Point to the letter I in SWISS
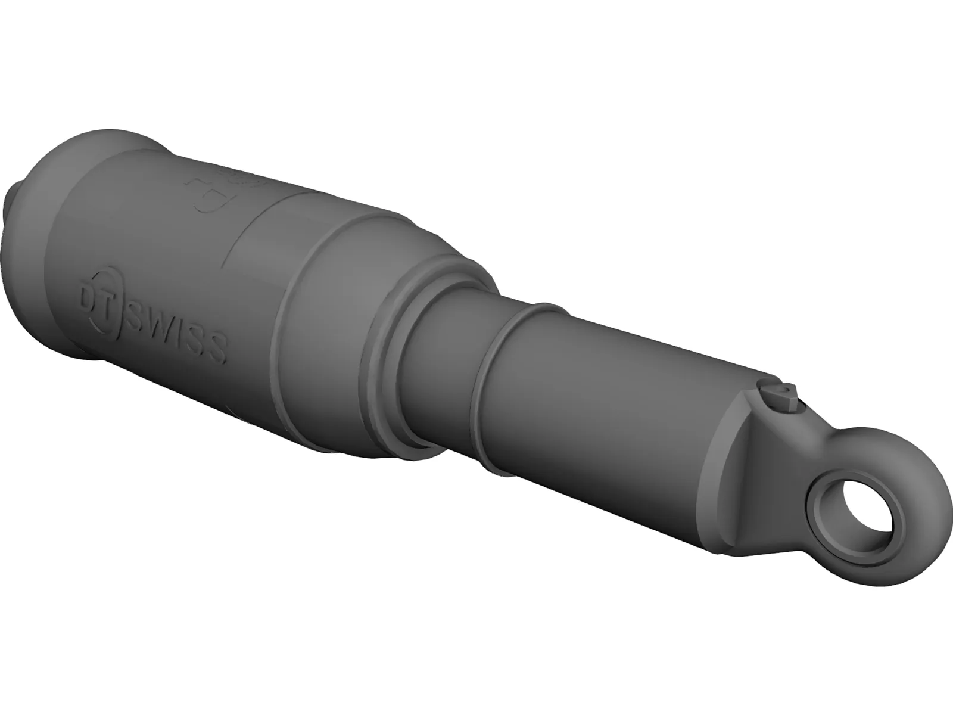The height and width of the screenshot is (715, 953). (178, 337)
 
